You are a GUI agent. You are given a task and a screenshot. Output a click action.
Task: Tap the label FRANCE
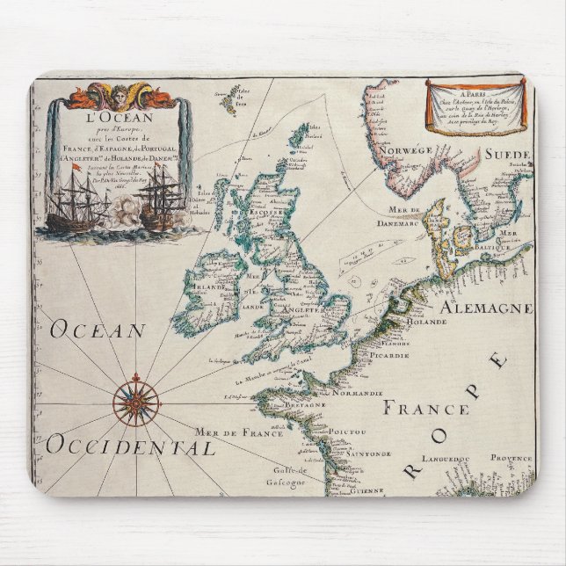pyautogui.click(x=426, y=408)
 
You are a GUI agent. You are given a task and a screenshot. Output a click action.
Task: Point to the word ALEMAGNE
pyautogui.click(x=486, y=308)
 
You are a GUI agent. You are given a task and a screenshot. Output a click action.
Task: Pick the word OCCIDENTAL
pyautogui.click(x=130, y=446)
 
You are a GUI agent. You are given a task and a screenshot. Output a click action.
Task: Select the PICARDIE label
pyautogui.click(x=387, y=355)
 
